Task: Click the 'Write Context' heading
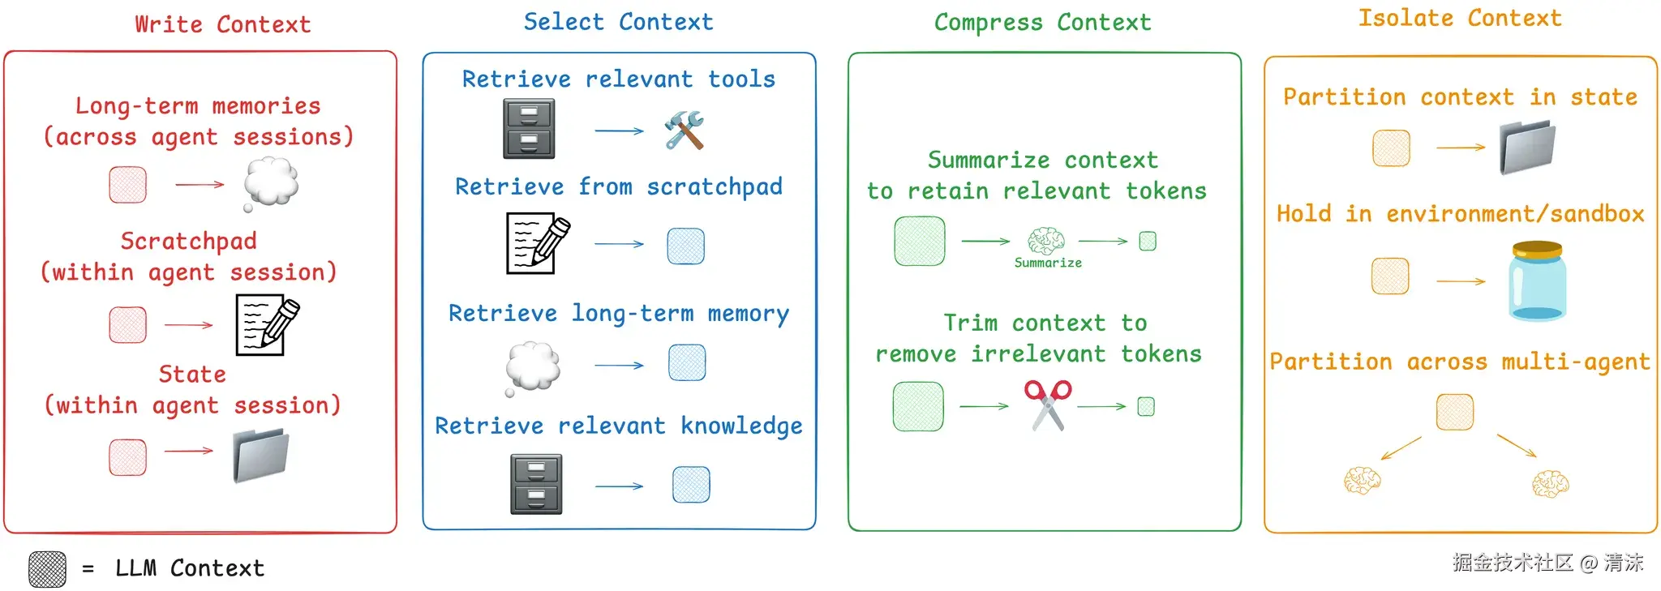(x=223, y=24)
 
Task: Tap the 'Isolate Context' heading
(x=1460, y=18)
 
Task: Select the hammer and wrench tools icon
(x=685, y=131)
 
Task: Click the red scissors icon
(x=1048, y=405)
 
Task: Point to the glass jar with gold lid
(x=1538, y=281)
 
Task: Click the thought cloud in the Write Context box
(x=270, y=183)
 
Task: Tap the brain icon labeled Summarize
(x=1046, y=241)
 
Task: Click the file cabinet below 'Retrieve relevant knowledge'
(x=536, y=484)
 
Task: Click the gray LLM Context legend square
(x=48, y=569)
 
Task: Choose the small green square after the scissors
(x=1146, y=406)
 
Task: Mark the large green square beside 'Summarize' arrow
(x=920, y=241)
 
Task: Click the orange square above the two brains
(x=1455, y=412)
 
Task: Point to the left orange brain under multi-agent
(x=1362, y=481)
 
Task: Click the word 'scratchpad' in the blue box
(x=715, y=187)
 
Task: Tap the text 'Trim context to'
(x=1045, y=323)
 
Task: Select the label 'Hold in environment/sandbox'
(x=1461, y=214)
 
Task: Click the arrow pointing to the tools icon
(x=619, y=131)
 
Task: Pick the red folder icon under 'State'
(x=261, y=456)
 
